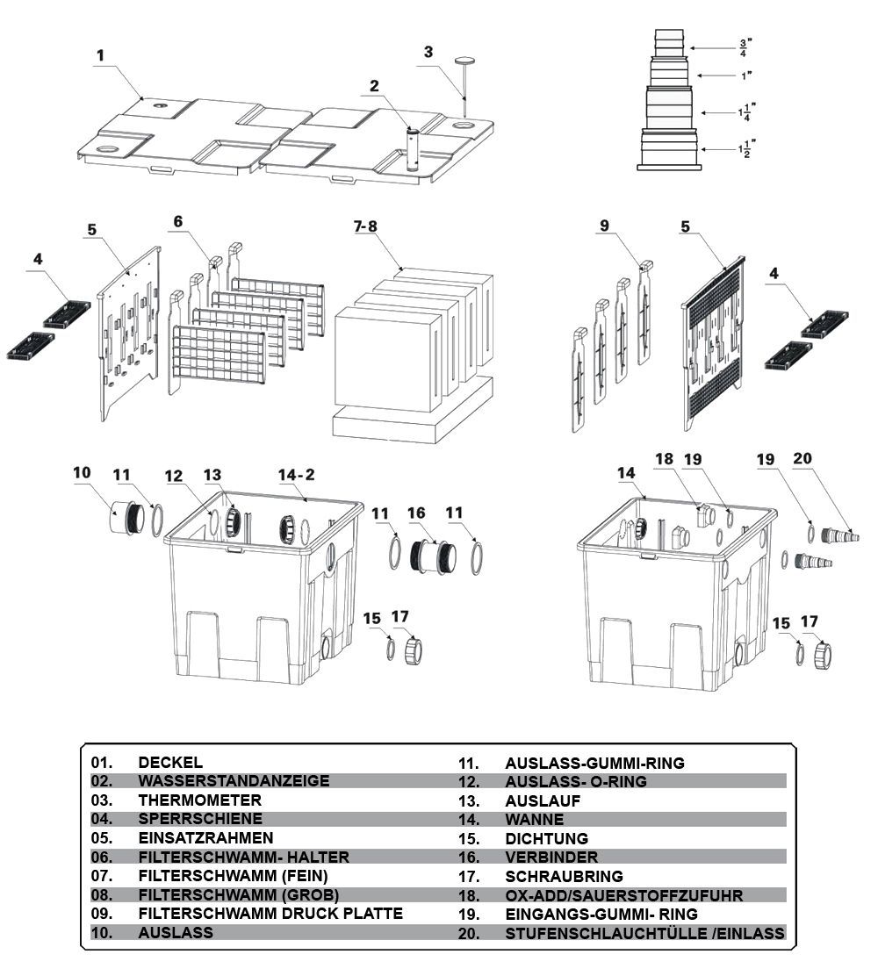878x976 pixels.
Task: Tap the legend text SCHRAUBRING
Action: [564, 876]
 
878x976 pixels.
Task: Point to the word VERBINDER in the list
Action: [551, 857]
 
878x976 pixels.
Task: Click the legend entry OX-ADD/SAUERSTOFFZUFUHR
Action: [624, 895]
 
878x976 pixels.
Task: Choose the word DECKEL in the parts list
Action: [170, 762]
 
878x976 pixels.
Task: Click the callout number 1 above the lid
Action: [100, 55]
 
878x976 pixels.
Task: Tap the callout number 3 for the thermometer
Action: [428, 52]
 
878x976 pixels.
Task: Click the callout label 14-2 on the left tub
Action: [296, 475]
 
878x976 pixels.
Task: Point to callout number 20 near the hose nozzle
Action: [802, 457]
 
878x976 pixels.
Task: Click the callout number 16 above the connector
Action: [416, 512]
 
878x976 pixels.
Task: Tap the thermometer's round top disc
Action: [465, 61]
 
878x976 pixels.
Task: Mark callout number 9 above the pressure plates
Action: [604, 226]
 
